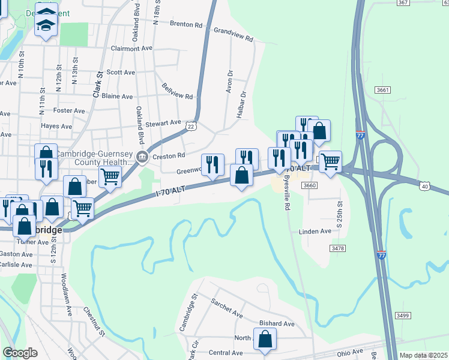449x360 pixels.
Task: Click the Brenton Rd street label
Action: (186, 25)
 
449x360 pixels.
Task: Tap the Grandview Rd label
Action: (234, 34)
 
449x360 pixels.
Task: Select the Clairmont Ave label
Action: (132, 49)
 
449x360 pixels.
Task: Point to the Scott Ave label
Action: (121, 72)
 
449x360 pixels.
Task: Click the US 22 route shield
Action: (191, 125)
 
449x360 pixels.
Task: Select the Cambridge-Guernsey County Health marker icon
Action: (142, 158)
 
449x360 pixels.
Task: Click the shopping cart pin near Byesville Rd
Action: (330, 161)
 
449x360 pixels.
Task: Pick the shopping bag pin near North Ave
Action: (265, 339)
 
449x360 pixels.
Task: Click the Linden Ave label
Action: (315, 232)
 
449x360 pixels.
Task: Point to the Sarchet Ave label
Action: (226, 308)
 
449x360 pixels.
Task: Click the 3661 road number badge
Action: (384, 90)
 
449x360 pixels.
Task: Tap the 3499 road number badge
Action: (403, 316)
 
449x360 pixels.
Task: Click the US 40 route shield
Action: (424, 186)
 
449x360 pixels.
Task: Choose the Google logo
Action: (20, 353)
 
